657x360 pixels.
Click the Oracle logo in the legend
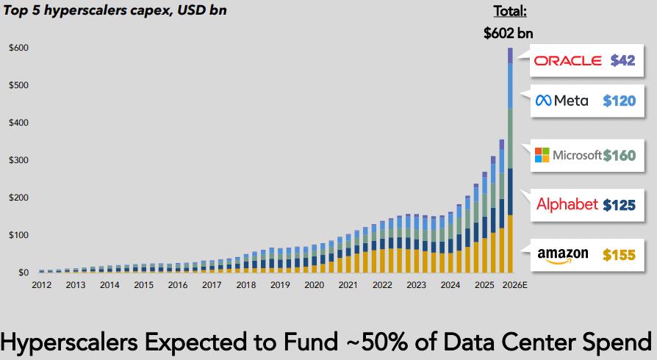(x=568, y=61)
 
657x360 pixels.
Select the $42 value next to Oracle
(x=622, y=61)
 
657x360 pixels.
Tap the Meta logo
(x=562, y=101)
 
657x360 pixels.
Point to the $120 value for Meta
(x=619, y=101)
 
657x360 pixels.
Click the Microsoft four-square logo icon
(x=542, y=155)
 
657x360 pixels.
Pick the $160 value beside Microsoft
(x=619, y=155)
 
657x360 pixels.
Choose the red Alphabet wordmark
(x=567, y=204)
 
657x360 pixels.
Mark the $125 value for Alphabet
(x=619, y=205)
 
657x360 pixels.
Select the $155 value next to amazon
(x=619, y=255)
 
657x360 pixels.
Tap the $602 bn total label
(x=509, y=33)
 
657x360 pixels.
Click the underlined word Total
(x=509, y=12)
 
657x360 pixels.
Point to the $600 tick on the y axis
(x=19, y=48)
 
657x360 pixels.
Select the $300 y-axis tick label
(x=19, y=160)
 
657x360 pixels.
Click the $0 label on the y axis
(x=24, y=273)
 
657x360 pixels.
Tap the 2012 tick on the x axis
(x=42, y=285)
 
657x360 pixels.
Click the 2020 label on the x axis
(x=314, y=285)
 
